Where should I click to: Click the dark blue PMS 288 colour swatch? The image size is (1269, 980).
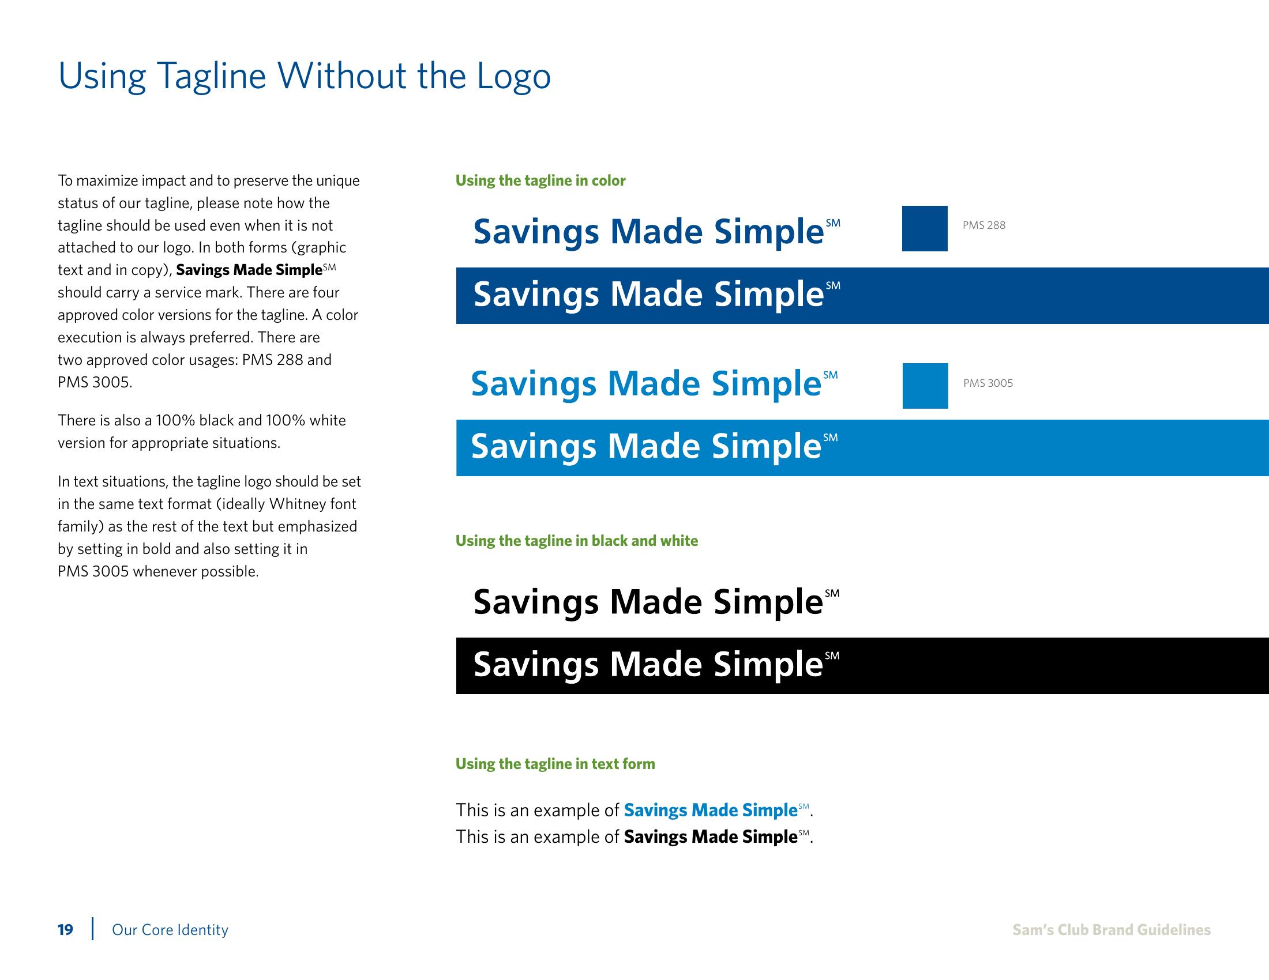(x=925, y=228)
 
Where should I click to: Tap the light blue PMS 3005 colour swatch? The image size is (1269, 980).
(x=925, y=386)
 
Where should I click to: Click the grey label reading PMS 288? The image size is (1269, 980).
(x=983, y=225)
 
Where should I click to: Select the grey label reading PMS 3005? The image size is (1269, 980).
(x=988, y=383)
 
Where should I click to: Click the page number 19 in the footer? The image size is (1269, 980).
(x=65, y=930)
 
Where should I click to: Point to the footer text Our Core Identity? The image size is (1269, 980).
(x=170, y=930)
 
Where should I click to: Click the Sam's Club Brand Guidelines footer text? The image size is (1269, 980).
(x=1112, y=930)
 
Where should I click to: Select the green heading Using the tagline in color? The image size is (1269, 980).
(x=540, y=180)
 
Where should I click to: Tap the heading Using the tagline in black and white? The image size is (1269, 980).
(x=576, y=541)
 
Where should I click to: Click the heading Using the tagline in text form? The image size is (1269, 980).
(x=555, y=763)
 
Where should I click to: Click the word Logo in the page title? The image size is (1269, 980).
(x=513, y=77)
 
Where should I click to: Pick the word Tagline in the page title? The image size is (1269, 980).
(x=212, y=77)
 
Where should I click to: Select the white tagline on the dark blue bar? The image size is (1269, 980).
(x=656, y=295)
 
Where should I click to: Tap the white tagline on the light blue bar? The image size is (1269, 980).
(x=654, y=446)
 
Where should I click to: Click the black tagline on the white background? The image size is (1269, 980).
(x=656, y=602)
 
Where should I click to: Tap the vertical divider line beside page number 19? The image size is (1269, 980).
(x=92, y=928)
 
